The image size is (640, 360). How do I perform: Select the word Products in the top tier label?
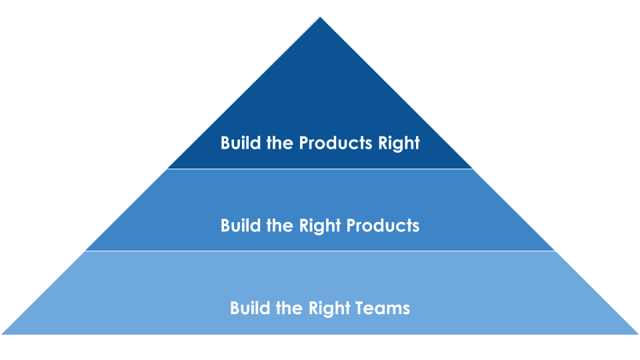[335, 143]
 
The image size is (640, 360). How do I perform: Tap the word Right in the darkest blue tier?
[399, 143]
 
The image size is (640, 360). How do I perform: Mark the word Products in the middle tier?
[383, 225]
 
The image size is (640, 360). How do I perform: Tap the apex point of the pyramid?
[320, 18]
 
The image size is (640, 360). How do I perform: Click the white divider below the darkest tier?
[320, 169]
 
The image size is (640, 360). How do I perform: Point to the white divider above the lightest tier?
[320, 251]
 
